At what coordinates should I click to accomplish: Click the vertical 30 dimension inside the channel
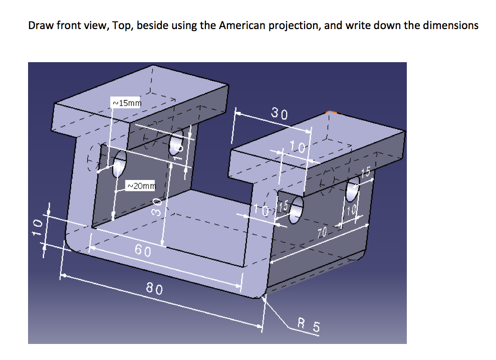point(156,206)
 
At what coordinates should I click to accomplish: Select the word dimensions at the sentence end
point(450,25)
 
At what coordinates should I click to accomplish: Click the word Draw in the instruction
point(40,25)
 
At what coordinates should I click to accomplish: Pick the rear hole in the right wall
point(353,192)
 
